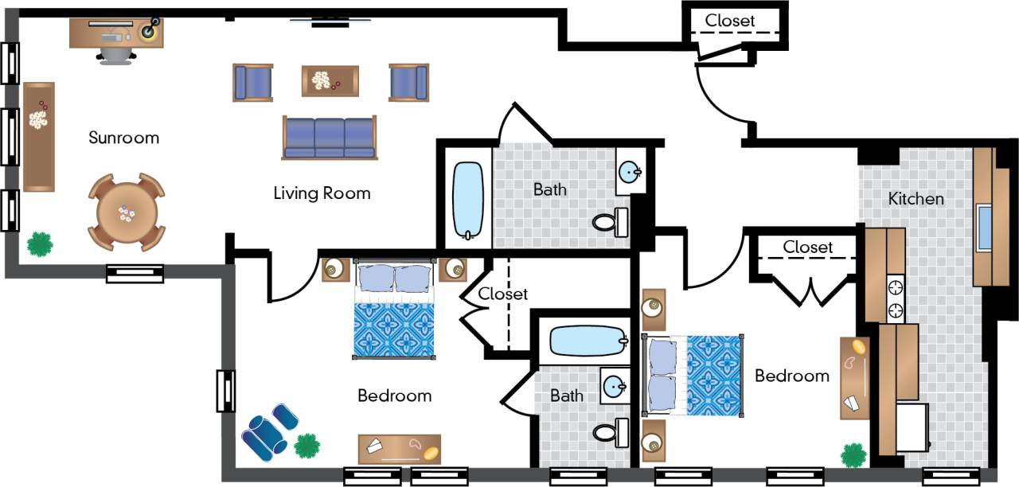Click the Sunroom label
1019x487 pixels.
pyautogui.click(x=123, y=138)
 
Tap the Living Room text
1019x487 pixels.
pyautogui.click(x=322, y=193)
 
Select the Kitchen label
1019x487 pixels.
pyautogui.click(x=916, y=198)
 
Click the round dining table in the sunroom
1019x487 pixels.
pyautogui.click(x=127, y=212)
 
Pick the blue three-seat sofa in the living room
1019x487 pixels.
pyautogui.click(x=328, y=138)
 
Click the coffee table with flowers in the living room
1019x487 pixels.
pyautogui.click(x=330, y=80)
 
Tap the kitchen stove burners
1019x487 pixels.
pyautogui.click(x=896, y=298)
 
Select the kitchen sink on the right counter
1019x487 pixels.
pyautogui.click(x=984, y=228)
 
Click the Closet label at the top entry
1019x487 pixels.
pyautogui.click(x=729, y=21)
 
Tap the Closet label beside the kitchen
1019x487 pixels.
pyautogui.click(x=807, y=247)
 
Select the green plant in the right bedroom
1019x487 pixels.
pyautogui.click(x=853, y=455)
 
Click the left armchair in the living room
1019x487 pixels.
pyautogui.click(x=252, y=83)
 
